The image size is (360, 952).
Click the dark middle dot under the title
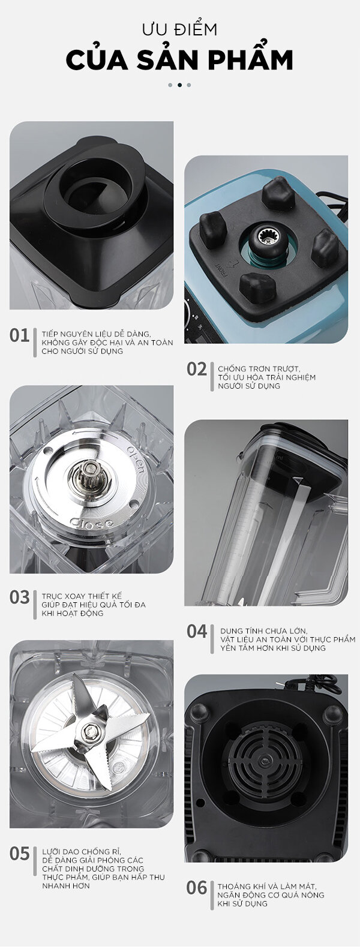(180, 85)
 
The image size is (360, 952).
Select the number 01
(20, 335)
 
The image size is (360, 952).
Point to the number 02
(197, 370)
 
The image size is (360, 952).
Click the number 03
(20, 597)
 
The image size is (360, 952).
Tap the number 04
(197, 632)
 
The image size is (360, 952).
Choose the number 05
(20, 854)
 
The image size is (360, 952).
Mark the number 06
(197, 888)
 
